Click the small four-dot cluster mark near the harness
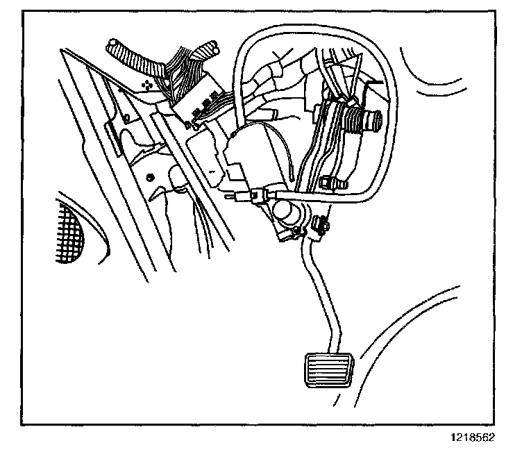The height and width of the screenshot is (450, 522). [147, 84]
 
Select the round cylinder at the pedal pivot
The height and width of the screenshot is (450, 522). [285, 212]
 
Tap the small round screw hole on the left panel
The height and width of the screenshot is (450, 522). [151, 178]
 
